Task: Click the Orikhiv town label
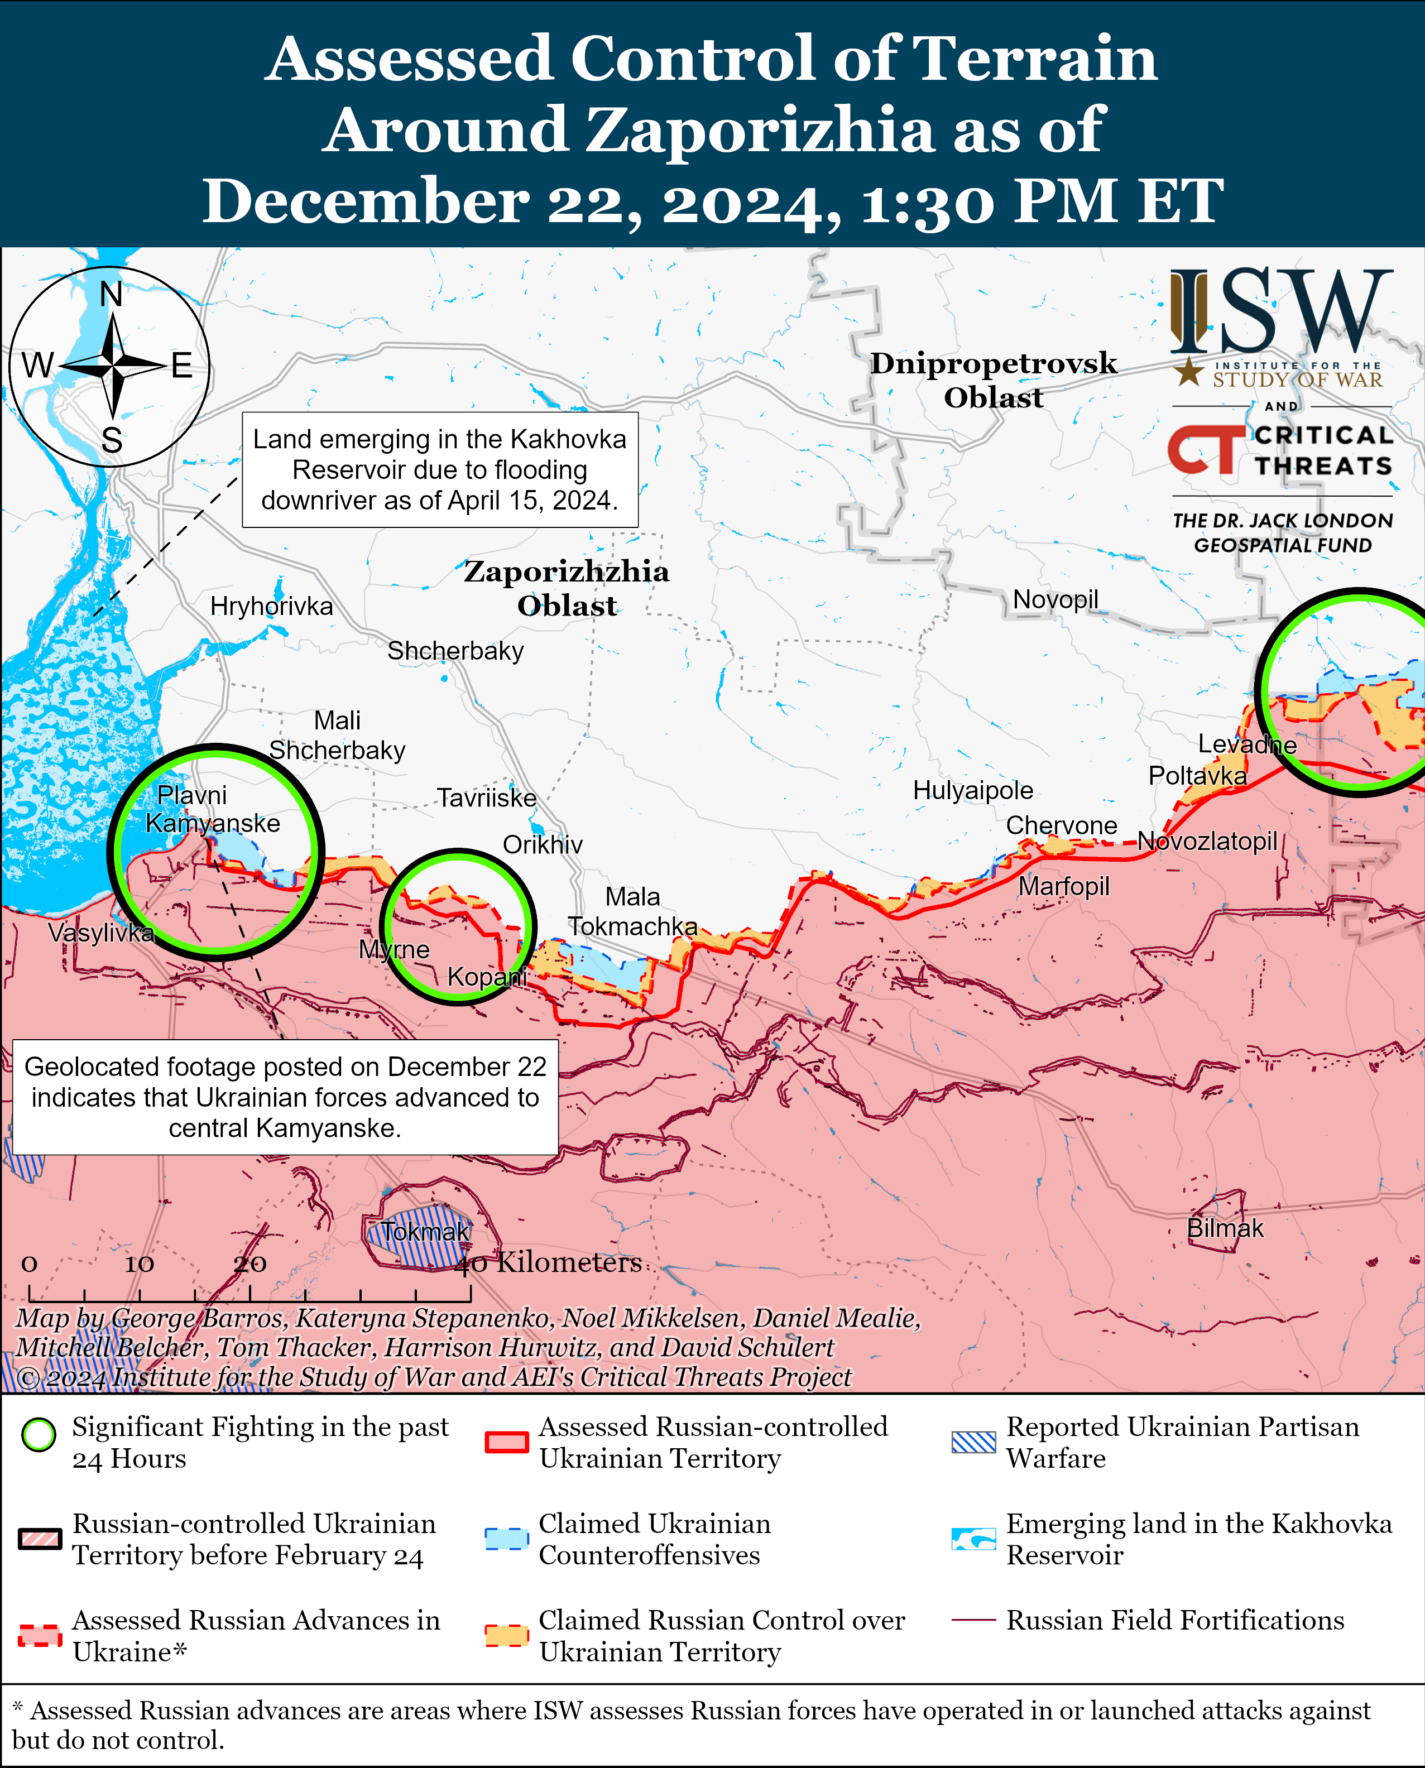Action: tap(543, 844)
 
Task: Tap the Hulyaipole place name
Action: tap(973, 790)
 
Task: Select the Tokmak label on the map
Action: tap(425, 1231)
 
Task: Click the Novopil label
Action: tap(1055, 599)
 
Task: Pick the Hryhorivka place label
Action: tap(272, 607)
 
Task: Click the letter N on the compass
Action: tap(111, 294)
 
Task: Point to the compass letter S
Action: tap(112, 441)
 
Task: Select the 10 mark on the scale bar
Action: tap(140, 1264)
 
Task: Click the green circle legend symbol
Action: tap(39, 1435)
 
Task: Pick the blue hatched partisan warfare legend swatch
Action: tap(973, 1442)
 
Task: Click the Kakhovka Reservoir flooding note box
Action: tap(440, 469)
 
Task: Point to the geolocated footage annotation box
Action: tap(285, 1097)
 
